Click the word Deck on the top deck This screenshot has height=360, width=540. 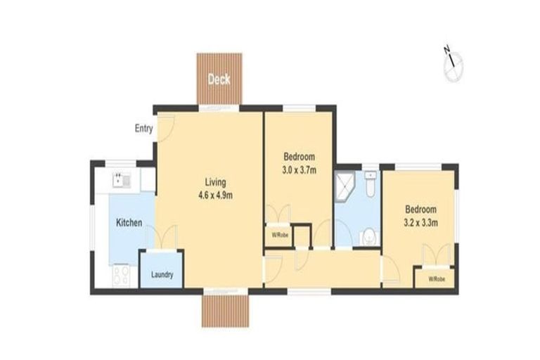click(x=219, y=79)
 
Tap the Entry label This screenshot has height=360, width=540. click(x=143, y=129)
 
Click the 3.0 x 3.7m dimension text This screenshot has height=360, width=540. click(x=299, y=169)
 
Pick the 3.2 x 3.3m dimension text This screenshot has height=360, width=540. click(x=420, y=222)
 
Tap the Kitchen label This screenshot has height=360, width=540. click(x=129, y=223)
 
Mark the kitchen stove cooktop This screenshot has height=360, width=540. click(x=120, y=274)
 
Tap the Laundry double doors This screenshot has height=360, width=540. click(x=166, y=238)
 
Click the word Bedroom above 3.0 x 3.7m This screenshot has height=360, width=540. click(x=299, y=156)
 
